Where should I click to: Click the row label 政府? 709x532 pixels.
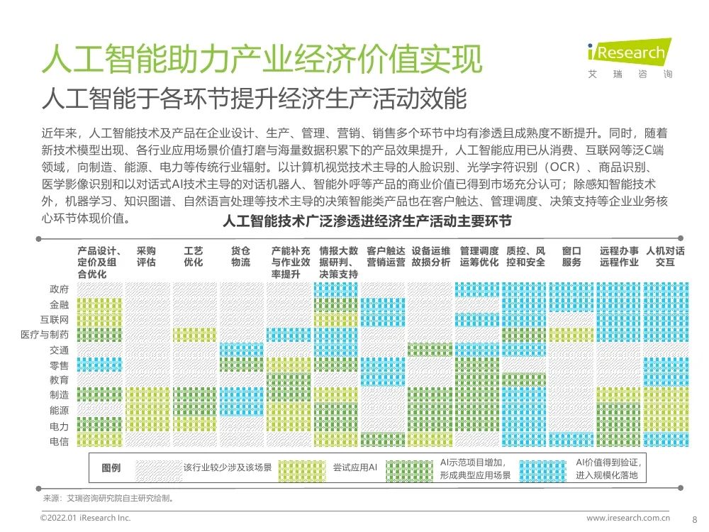pos(60,289)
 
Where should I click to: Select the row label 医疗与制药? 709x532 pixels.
pos(45,335)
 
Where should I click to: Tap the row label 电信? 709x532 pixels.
pos(60,441)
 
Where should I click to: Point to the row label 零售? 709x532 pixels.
pos(60,365)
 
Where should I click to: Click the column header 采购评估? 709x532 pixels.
pos(146,257)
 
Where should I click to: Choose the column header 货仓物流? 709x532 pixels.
pos(240,257)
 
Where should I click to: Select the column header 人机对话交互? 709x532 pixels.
pos(665,257)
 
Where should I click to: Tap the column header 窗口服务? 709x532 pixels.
pos(571,257)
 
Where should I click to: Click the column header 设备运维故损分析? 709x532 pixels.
pos(430,257)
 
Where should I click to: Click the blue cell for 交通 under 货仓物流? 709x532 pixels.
pos(241,350)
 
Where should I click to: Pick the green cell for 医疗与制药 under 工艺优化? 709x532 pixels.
pos(194,335)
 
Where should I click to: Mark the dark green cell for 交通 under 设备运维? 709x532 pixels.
pos(430,350)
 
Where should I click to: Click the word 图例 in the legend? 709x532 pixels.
pos(111,468)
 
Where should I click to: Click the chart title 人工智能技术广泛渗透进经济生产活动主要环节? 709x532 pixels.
pos(367,222)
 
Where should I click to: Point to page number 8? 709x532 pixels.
pos(693,519)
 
